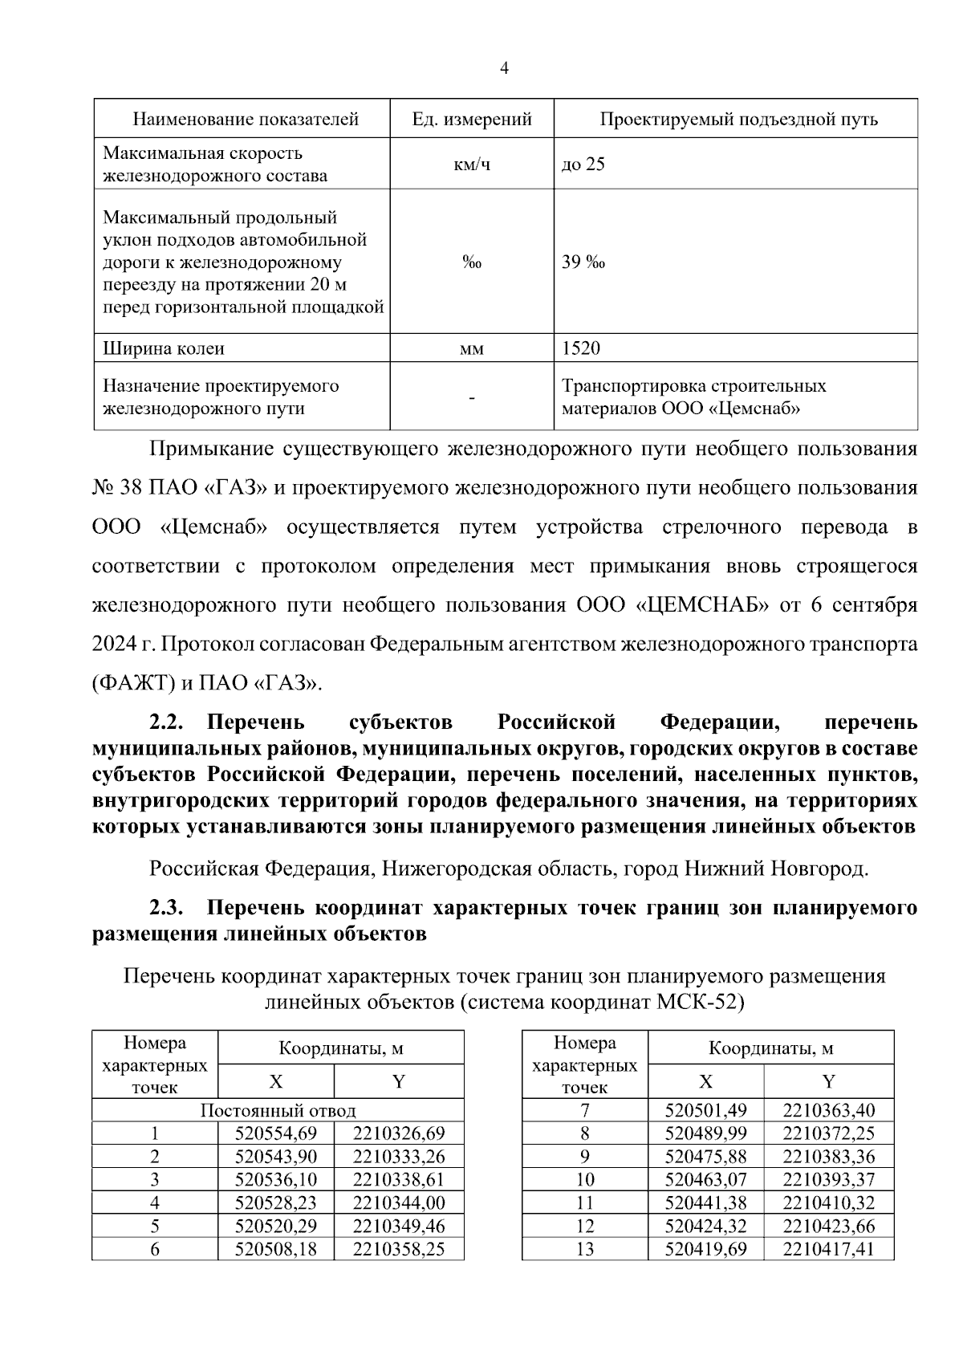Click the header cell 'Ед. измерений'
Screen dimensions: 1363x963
tap(472, 120)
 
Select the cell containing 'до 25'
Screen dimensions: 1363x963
tap(583, 165)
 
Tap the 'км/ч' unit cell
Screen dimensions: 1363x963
tap(472, 165)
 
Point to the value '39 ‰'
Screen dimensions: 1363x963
tap(583, 262)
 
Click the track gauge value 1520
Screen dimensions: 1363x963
tap(582, 348)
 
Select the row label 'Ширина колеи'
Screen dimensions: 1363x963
tap(164, 349)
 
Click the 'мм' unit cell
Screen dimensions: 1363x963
tap(472, 349)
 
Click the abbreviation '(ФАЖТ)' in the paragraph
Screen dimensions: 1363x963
tap(132, 684)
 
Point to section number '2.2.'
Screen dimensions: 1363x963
tap(167, 722)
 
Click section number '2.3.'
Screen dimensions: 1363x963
tap(167, 909)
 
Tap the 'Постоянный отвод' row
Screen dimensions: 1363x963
tap(278, 1111)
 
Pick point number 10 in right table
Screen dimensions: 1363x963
tap(585, 1180)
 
